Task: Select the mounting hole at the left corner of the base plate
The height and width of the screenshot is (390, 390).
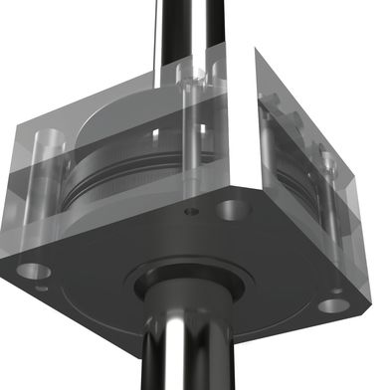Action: tap(33, 270)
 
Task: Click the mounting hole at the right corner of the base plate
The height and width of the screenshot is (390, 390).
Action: tap(335, 304)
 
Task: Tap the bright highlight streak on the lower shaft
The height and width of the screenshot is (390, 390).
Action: tap(169, 348)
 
